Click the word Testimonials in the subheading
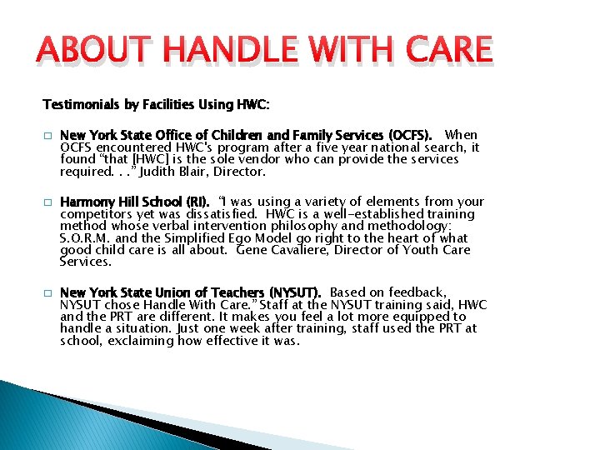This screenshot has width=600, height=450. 82,104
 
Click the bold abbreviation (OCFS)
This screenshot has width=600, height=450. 409,135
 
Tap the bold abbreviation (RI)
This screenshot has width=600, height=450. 197,202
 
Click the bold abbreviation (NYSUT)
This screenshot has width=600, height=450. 294,292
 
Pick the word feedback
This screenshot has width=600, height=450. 420,292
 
